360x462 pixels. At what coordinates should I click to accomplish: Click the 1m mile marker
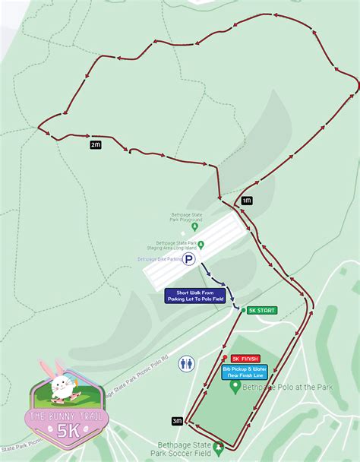(246, 201)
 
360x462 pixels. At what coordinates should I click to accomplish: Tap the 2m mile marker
(95, 144)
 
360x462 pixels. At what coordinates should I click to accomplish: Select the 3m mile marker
(177, 420)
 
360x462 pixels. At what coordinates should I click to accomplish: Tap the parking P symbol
(188, 259)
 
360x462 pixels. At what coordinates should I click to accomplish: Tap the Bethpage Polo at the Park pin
(235, 387)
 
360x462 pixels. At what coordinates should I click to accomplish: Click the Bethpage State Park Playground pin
(195, 226)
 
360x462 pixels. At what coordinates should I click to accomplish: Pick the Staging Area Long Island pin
(201, 245)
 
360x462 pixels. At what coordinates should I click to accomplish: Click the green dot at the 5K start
(243, 310)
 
